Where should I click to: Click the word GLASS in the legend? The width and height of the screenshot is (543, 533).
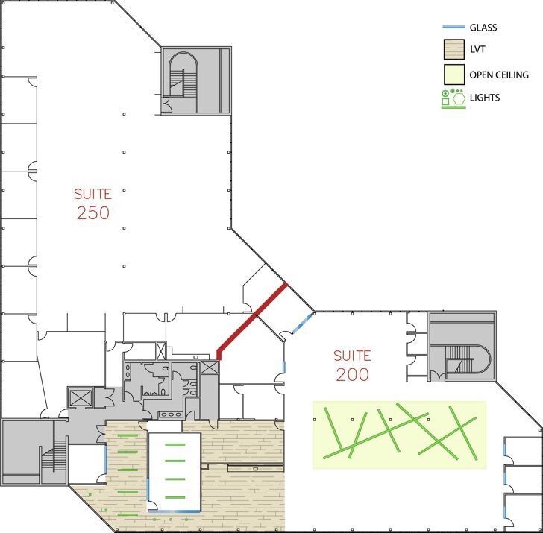click(483, 28)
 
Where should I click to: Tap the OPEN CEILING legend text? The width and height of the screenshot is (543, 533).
click(499, 75)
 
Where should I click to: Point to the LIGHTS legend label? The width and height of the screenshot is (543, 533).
click(485, 98)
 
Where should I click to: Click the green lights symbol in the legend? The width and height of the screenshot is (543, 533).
click(453, 98)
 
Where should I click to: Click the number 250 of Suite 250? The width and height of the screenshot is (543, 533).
click(93, 213)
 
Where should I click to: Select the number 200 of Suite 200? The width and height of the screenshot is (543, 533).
click(352, 374)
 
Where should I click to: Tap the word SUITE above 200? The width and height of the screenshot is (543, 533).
click(352, 356)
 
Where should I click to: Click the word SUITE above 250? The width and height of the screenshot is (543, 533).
click(93, 194)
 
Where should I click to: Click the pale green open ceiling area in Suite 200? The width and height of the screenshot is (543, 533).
click(399, 435)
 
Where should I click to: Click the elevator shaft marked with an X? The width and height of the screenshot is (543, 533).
click(209, 368)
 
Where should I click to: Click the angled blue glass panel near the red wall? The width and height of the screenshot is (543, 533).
click(301, 325)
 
